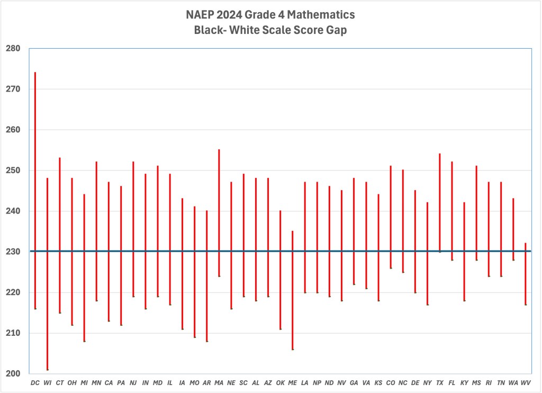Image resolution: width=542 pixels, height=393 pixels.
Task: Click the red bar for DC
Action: (35, 191)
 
